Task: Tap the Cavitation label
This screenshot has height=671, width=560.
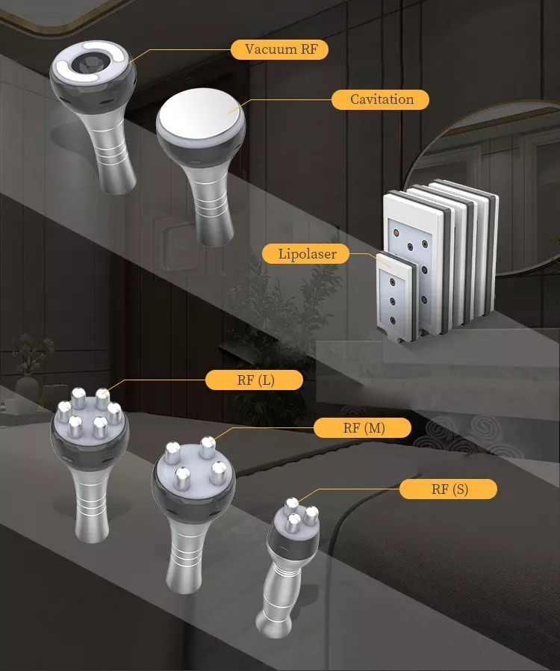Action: (381, 99)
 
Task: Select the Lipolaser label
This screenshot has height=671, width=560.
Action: (306, 254)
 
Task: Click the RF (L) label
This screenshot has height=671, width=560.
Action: (255, 380)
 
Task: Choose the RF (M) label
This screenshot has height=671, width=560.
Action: (362, 427)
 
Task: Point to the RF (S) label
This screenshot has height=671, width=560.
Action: (449, 489)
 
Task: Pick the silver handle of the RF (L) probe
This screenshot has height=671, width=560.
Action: (91, 504)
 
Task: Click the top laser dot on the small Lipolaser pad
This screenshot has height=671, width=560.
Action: (392, 282)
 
